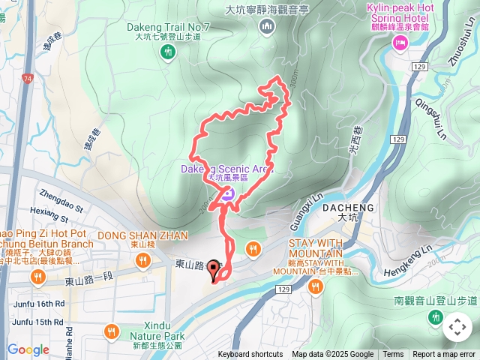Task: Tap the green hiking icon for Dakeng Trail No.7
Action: click(x=167, y=51)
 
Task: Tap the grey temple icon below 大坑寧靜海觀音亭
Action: click(x=267, y=28)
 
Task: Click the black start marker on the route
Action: click(x=213, y=269)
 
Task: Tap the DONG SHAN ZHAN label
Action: click(x=142, y=235)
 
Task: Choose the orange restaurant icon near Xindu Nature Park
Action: click(x=111, y=330)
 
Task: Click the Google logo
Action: click(x=28, y=349)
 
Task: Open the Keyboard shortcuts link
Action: click(x=250, y=355)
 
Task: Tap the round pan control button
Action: click(x=456, y=327)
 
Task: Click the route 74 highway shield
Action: click(x=28, y=78)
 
